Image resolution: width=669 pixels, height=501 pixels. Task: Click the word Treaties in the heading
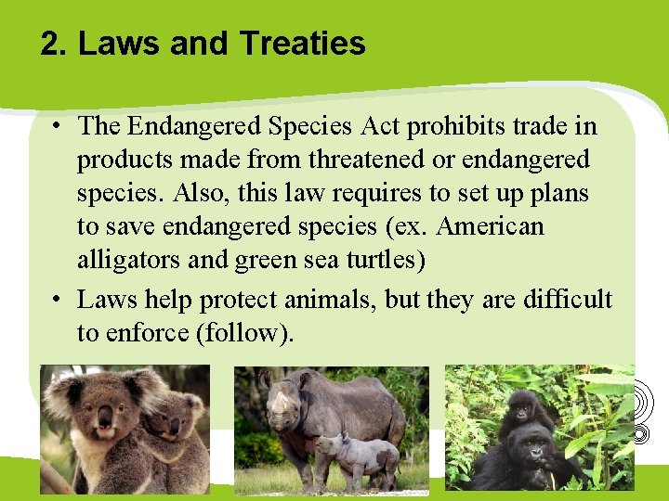point(302,44)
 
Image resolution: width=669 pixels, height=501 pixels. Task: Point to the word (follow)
point(244,333)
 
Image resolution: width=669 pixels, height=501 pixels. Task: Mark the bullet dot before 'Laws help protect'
point(58,300)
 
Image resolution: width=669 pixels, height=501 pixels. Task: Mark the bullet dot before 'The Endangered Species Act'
point(58,125)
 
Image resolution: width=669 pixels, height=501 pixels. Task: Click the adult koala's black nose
point(105,415)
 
